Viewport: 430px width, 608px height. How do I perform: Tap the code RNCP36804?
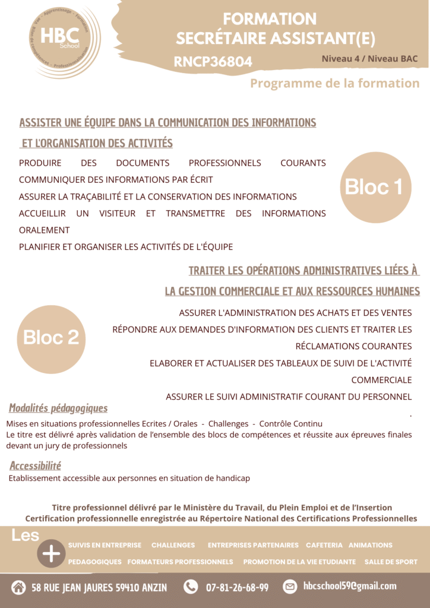(x=213, y=62)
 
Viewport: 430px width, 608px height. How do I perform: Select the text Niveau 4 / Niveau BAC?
(x=369, y=59)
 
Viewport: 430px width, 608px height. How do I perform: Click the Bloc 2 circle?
(x=51, y=338)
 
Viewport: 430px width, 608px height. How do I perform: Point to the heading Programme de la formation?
(x=334, y=83)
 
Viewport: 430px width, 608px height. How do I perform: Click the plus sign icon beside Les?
(x=52, y=553)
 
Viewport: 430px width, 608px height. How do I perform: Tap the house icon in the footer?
(x=18, y=587)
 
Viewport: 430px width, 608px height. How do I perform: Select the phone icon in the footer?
(x=191, y=587)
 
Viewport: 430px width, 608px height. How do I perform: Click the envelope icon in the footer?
(x=290, y=587)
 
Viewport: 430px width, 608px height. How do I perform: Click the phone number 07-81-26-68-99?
(x=237, y=587)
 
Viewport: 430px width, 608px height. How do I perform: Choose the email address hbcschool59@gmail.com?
(x=349, y=586)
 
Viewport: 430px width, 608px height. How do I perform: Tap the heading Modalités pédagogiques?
(x=58, y=408)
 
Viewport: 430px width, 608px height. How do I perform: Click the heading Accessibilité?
(x=35, y=465)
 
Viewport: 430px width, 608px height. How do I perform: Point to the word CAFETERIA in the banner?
(x=324, y=545)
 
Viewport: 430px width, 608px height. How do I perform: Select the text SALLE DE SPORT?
(x=391, y=562)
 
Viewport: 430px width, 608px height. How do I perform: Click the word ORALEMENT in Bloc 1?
(x=45, y=230)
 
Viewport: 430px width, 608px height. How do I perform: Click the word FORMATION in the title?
(x=270, y=19)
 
